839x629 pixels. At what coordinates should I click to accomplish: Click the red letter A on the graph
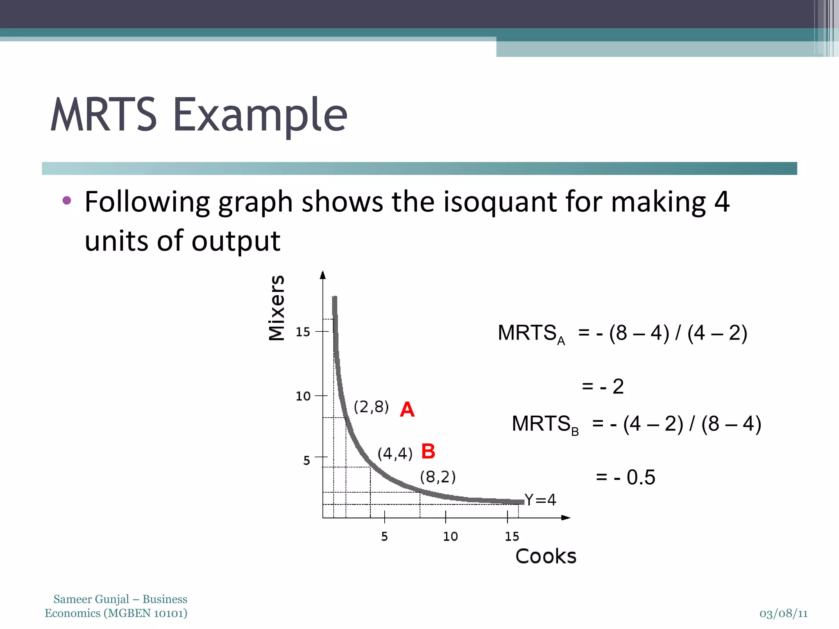(x=407, y=409)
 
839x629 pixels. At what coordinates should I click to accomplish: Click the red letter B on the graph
(x=428, y=451)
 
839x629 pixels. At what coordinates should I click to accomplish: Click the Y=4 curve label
(x=540, y=500)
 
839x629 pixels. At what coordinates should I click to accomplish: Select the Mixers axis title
(x=277, y=308)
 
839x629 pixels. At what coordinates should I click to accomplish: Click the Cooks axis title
(x=546, y=556)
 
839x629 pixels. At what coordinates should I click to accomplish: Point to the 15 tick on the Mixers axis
(x=303, y=332)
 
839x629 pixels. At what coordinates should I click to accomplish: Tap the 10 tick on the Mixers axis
(x=303, y=396)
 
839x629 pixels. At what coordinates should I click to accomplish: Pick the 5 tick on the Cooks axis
(x=384, y=536)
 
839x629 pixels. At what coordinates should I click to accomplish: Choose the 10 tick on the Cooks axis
(x=450, y=536)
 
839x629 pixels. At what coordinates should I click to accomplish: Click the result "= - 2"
(x=603, y=386)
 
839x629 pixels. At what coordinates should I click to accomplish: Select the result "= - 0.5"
(x=626, y=477)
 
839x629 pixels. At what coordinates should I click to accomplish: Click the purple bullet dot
(x=67, y=201)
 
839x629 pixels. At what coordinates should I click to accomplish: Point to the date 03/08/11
(x=783, y=613)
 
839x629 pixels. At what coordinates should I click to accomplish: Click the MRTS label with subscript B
(x=545, y=424)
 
